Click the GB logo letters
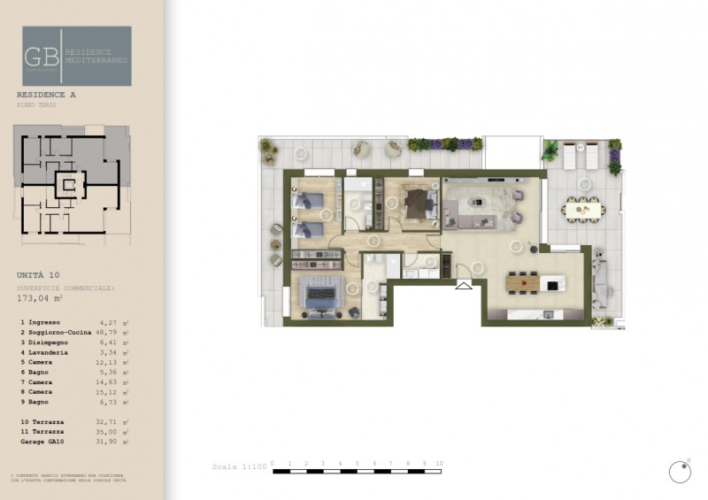point(42,56)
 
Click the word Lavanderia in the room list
point(54,352)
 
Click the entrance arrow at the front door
point(464,285)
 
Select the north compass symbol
point(680,471)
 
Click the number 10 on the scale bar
point(439,463)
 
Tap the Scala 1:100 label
point(238,466)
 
